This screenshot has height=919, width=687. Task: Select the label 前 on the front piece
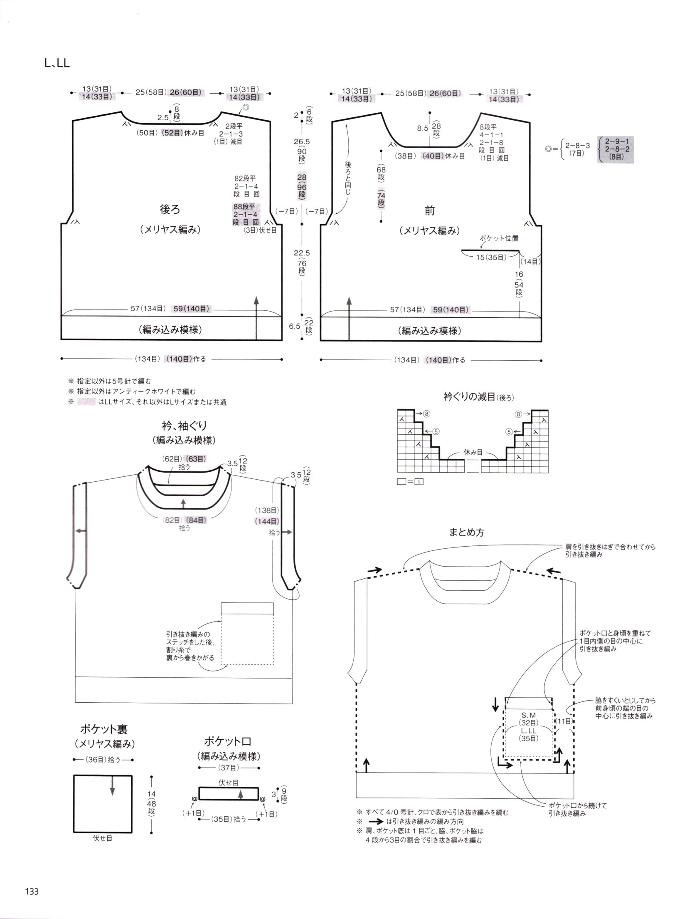pyautogui.click(x=429, y=211)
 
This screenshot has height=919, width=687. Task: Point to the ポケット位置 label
pyautogui.click(x=499, y=238)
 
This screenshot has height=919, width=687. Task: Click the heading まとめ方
pyautogui.click(x=467, y=533)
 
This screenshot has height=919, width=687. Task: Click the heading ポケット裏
pyautogui.click(x=104, y=729)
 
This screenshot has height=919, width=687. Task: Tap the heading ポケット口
pyautogui.click(x=228, y=741)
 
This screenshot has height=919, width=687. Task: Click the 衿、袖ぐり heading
pyautogui.click(x=184, y=425)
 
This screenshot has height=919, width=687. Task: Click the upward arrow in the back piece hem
pyautogui.click(x=256, y=319)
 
